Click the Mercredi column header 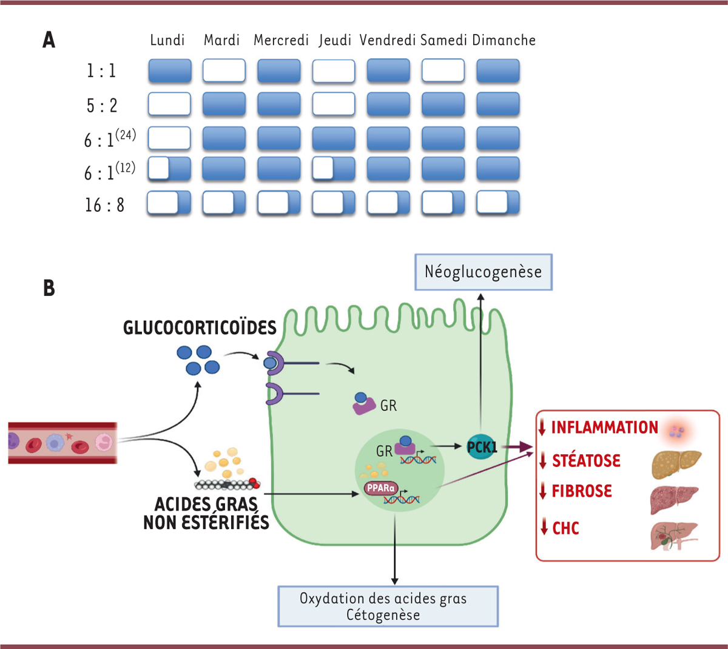[281, 40]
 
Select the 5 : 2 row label [102, 106]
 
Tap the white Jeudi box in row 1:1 [334, 71]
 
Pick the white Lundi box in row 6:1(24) [169, 138]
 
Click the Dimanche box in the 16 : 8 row [498, 203]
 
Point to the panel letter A [49, 40]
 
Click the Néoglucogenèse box [483, 272]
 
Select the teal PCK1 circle [482, 448]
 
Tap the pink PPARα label [381, 488]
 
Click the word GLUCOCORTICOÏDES [200, 328]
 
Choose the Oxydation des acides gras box [388, 607]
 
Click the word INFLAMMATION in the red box [604, 428]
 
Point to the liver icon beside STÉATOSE [676, 464]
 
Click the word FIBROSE [582, 491]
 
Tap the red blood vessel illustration [62, 443]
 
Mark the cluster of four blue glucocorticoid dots [198, 360]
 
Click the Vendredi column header [387, 40]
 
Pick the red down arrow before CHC [544, 526]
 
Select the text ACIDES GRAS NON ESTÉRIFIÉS [206, 513]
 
